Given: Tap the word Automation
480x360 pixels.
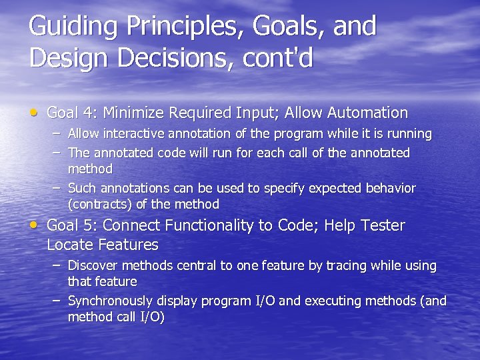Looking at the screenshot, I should tap(363, 113).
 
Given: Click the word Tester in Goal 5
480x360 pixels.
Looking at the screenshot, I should tap(381, 225).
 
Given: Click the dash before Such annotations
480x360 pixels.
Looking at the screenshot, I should tap(57, 187).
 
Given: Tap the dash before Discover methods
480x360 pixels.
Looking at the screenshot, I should tap(57, 265).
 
